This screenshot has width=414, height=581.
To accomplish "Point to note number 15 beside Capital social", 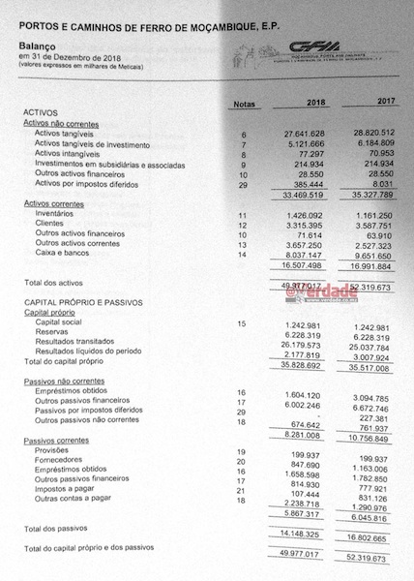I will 215,322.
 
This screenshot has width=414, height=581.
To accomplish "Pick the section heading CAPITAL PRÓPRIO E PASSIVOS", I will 88,302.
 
